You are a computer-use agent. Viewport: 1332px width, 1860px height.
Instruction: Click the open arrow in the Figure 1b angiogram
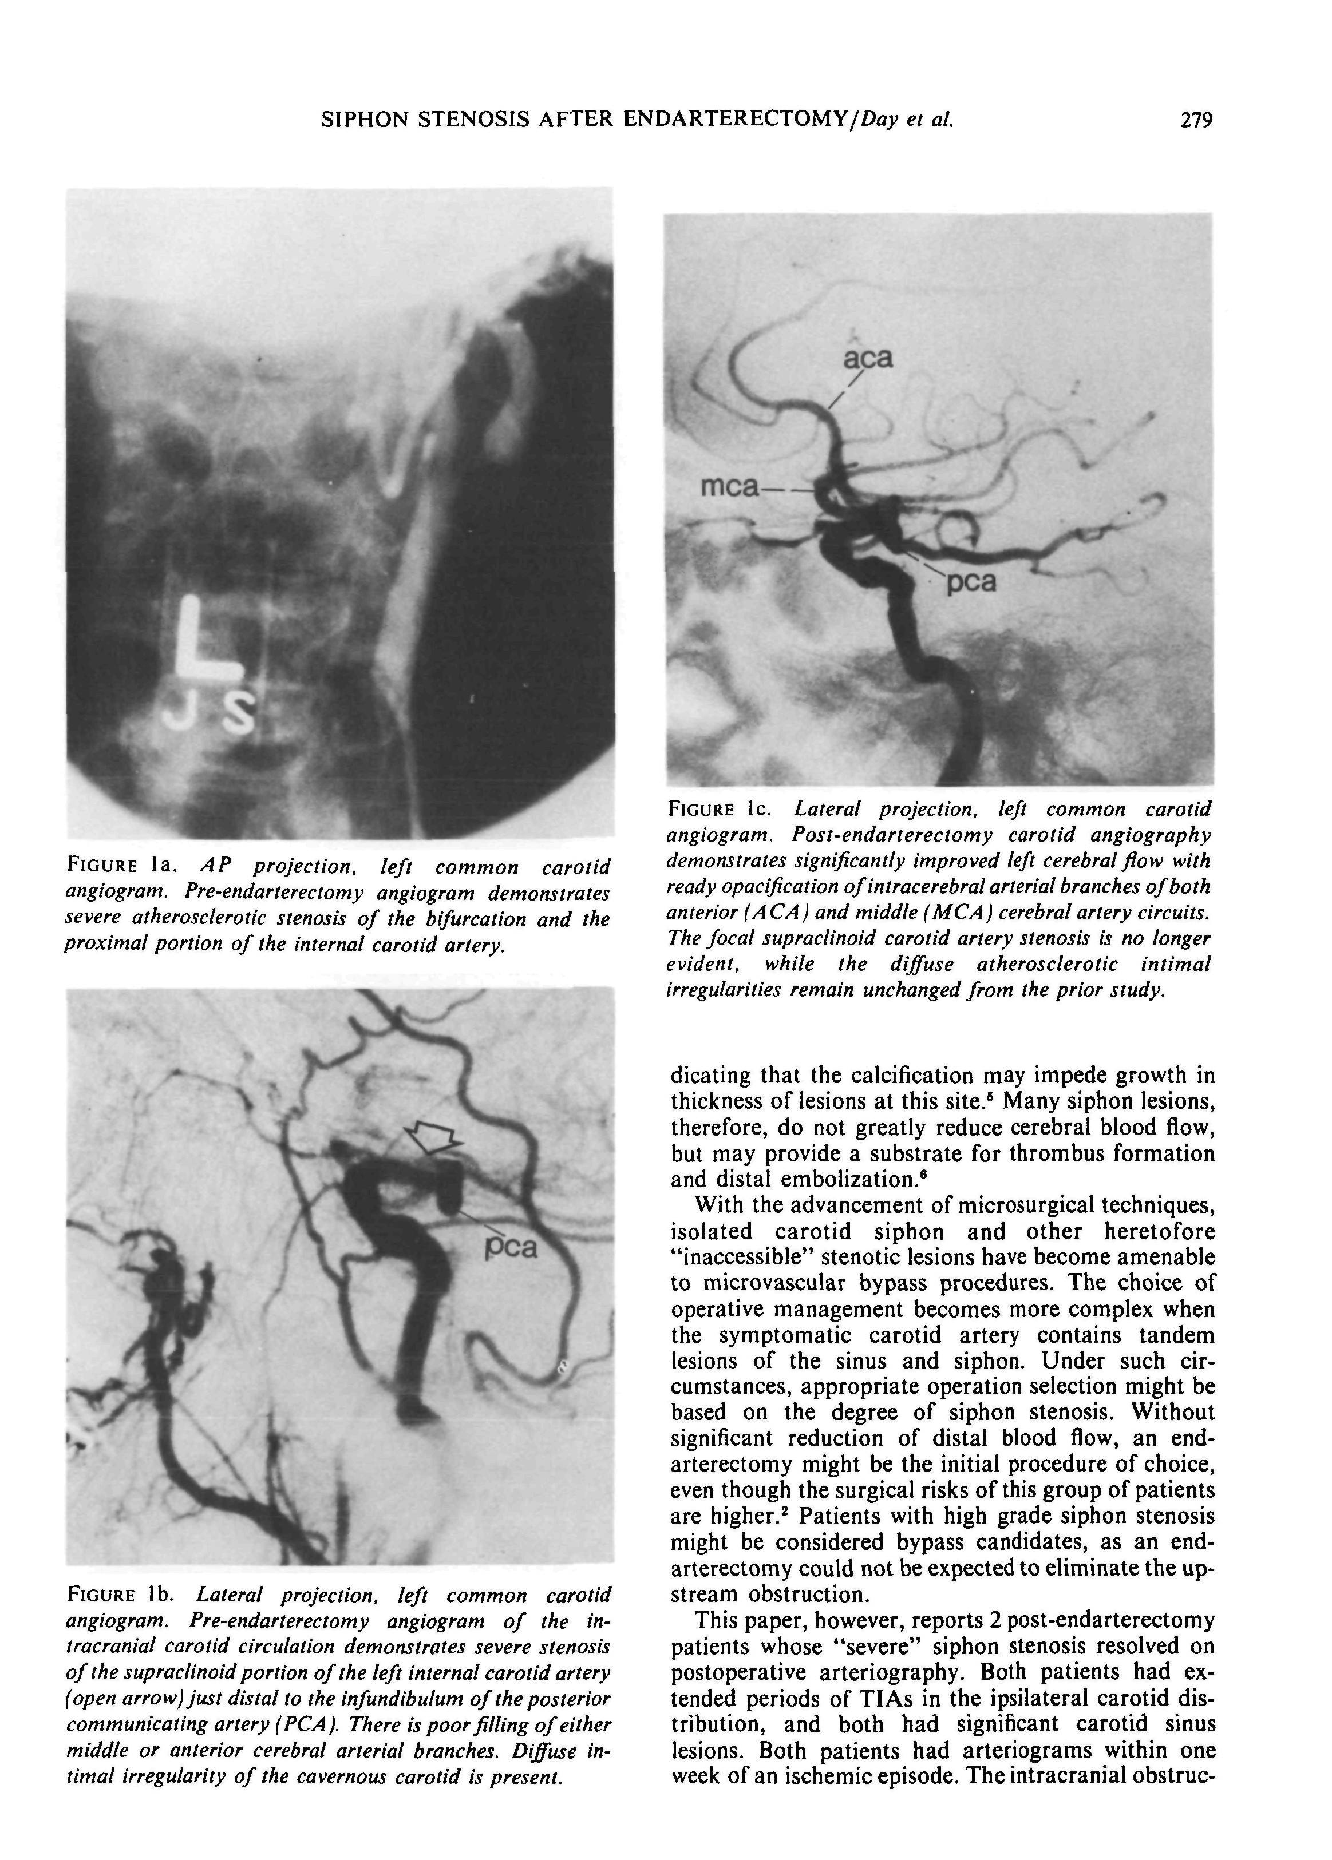click(x=434, y=1140)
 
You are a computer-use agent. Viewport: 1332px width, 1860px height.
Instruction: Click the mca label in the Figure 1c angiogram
click(x=729, y=487)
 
